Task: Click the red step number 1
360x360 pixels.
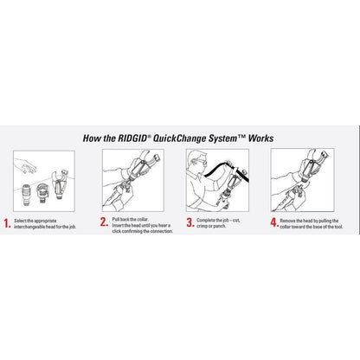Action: tap(8, 224)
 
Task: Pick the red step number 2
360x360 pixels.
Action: tap(104, 224)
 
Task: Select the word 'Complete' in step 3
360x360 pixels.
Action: tap(209, 221)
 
